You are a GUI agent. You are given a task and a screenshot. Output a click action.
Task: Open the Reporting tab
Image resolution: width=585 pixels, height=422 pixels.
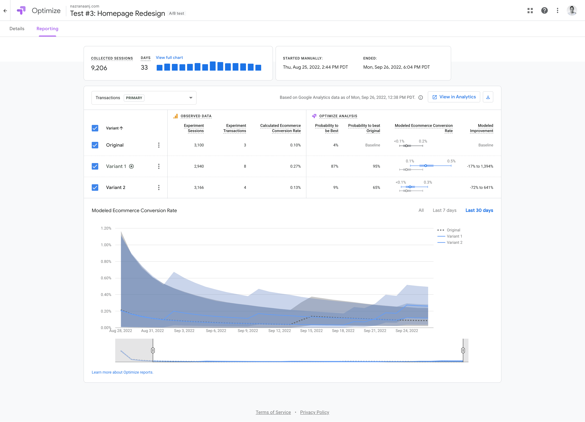[47, 29]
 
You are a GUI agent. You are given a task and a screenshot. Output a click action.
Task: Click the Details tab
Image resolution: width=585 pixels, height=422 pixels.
[17, 29]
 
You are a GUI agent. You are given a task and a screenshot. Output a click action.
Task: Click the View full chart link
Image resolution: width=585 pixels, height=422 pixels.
[169, 57]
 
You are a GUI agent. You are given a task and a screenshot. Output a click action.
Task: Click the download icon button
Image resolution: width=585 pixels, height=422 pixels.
[488, 97]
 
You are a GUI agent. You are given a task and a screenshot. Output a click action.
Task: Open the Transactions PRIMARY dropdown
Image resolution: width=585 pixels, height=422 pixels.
[144, 98]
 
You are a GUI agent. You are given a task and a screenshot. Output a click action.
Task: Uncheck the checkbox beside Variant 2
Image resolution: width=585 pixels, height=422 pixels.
[95, 187]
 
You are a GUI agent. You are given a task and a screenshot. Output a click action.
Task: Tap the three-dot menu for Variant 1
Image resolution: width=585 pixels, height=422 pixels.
[159, 166]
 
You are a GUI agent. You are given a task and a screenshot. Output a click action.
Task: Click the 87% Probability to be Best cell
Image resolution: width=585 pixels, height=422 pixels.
[335, 166]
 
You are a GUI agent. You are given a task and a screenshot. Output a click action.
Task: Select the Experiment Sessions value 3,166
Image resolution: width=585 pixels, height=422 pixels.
[199, 187]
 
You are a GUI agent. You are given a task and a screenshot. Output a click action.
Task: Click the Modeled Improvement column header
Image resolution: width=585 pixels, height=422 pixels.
[482, 128]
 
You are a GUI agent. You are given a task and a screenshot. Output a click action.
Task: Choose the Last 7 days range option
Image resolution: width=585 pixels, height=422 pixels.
[444, 210]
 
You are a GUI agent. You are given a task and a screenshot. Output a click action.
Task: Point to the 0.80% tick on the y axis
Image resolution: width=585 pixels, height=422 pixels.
[106, 262]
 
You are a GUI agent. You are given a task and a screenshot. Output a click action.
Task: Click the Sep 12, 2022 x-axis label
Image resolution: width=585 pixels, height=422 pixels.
[280, 331]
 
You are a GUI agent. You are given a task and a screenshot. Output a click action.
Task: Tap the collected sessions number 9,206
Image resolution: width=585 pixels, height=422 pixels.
[99, 68]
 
